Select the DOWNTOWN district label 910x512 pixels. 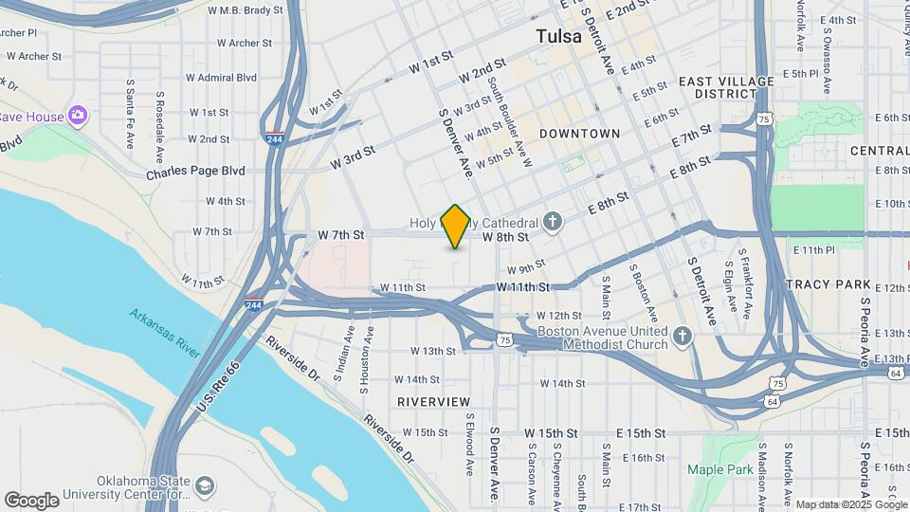point(579,134)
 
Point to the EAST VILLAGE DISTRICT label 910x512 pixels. point(726,87)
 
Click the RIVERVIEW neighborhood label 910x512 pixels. point(433,402)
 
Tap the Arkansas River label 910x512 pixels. point(165,333)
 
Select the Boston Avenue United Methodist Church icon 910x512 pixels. point(682,337)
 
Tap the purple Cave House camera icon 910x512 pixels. point(77,117)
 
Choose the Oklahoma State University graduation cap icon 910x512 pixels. point(204,487)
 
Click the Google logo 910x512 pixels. point(31,501)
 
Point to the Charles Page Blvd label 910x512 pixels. point(194,172)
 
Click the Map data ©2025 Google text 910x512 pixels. point(851,504)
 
